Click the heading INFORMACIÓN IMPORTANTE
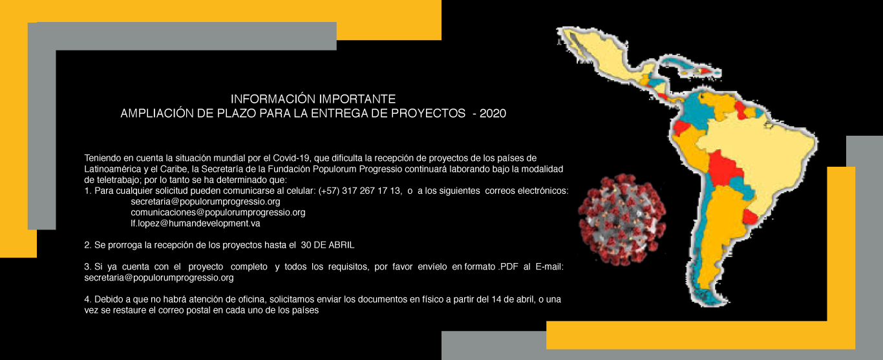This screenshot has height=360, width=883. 313,99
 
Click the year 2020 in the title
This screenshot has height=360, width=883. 493,114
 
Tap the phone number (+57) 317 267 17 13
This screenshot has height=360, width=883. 359,191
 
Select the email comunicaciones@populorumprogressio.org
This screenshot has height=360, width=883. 218,213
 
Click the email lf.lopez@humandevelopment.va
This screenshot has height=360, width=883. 195,223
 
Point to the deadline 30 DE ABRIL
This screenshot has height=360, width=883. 328,245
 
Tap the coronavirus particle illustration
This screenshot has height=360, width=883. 622,220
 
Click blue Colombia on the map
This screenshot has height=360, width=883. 696,112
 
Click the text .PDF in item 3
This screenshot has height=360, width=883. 507,267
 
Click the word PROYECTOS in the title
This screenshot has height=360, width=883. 428,114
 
